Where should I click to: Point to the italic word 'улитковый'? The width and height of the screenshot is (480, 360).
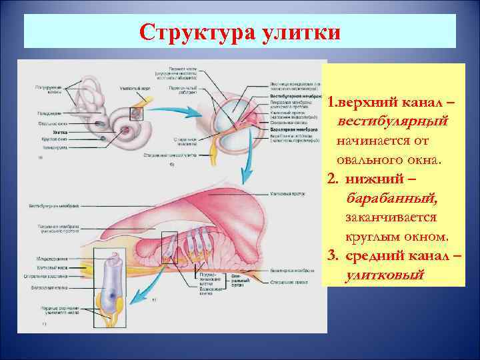(384, 275)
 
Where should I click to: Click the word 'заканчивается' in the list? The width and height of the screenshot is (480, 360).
(391, 218)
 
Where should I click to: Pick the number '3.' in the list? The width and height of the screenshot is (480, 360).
(335, 256)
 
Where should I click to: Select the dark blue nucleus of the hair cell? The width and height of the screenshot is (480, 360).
(107, 294)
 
